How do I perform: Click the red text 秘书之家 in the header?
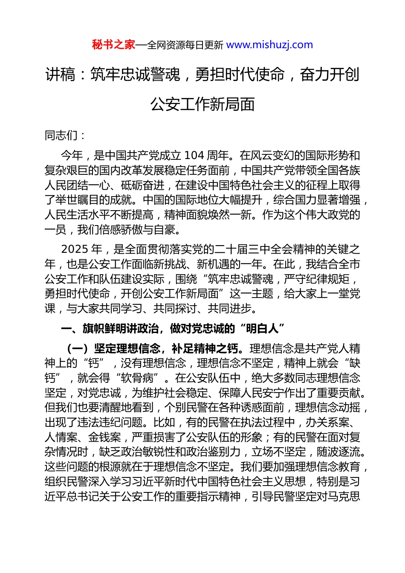(x=113, y=45)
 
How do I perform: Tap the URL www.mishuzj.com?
(x=269, y=45)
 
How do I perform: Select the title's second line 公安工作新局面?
(x=202, y=104)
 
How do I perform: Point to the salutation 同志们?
(x=61, y=136)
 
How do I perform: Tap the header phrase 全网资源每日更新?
(x=185, y=45)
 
